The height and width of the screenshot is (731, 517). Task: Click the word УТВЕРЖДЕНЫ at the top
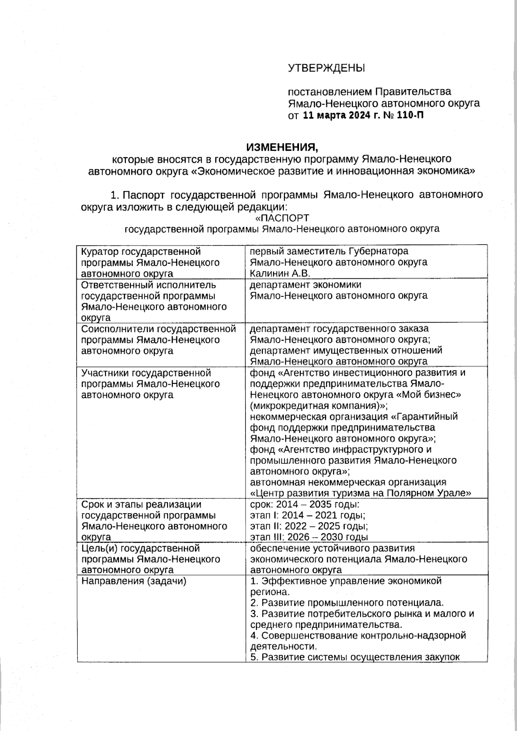click(326, 68)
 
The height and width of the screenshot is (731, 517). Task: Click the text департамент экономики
click(305, 285)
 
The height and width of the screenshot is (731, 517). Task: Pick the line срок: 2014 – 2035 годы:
click(305, 504)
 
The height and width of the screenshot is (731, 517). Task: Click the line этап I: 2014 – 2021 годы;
click(308, 515)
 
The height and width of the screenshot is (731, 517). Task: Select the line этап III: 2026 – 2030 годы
click(309, 537)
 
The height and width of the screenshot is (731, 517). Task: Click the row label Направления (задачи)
click(134, 581)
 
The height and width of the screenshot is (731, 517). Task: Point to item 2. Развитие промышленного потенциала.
click(347, 603)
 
